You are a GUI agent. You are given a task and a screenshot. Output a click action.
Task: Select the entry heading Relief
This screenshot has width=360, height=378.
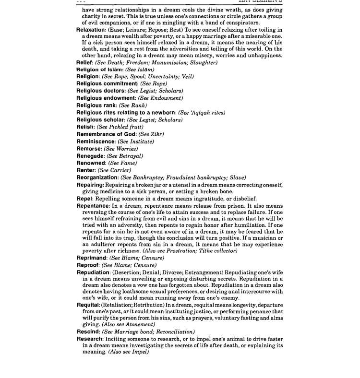click(84, 63)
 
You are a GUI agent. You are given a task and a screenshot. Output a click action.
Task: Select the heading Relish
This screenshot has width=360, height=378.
click(85, 127)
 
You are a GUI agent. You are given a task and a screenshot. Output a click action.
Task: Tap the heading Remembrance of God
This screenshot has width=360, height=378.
click(107, 134)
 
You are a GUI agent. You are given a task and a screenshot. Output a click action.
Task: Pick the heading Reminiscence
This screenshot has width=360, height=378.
click(96, 142)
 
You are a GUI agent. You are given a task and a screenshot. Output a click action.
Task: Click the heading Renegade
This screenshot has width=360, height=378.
click(90, 156)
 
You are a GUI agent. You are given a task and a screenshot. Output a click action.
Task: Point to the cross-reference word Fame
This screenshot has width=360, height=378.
click(128, 163)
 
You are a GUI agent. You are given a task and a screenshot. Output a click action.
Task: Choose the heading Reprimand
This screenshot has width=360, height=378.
click(92, 258)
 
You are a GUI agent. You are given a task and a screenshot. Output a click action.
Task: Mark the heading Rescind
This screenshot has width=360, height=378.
click(88, 331)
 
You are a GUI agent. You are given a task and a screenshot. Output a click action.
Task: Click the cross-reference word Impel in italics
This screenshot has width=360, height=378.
click(139, 352)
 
